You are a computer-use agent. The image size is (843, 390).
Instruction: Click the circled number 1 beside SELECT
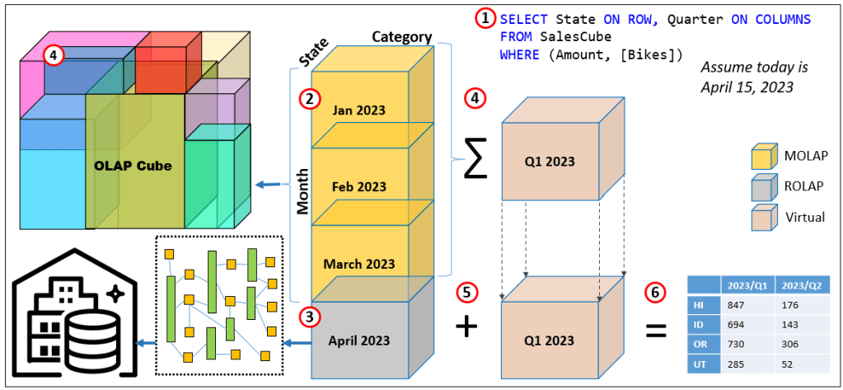tap(485, 18)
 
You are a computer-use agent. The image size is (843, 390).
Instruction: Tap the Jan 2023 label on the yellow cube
tap(359, 110)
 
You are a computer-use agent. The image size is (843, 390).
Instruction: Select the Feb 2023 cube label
tap(359, 186)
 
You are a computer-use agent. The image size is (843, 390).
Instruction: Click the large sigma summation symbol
tap(472, 157)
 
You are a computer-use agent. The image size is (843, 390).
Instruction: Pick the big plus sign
tap(466, 327)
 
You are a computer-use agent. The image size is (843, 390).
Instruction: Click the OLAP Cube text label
tap(133, 166)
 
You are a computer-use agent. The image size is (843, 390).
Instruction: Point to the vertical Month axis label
tap(303, 191)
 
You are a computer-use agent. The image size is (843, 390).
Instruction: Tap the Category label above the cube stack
tap(401, 37)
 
